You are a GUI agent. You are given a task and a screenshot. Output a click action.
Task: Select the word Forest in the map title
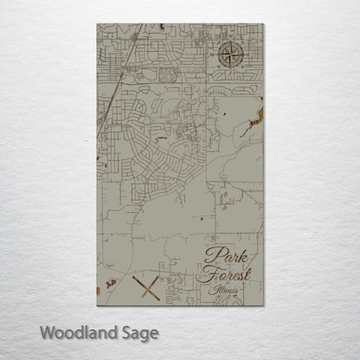tap(223, 274)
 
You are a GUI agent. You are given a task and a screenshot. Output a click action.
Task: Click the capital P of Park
tap(211, 255)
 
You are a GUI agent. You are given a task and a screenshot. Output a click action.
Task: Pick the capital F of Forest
tap(205, 274)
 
